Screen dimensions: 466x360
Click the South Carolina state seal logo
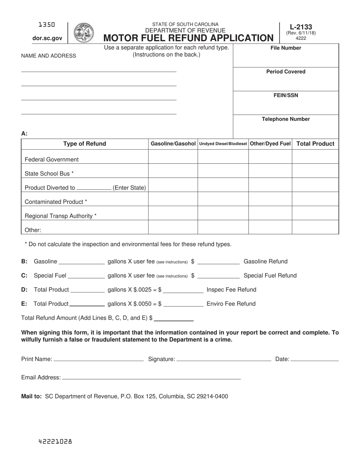coord(83,33)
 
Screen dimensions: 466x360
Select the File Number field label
coord(286,48)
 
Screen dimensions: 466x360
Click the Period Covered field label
coord(286,72)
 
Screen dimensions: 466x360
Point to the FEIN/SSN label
coord(286,95)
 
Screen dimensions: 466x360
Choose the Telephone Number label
coord(286,119)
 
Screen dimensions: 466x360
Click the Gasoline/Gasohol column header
coord(173,144)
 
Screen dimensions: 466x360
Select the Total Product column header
coord(315,144)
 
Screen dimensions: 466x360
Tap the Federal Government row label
coord(52,160)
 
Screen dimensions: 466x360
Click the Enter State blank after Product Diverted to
coord(94,188)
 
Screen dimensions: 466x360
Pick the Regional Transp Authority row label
coord(61,216)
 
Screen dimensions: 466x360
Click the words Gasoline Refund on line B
coord(265,261)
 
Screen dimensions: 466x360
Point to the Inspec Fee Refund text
coord(231,290)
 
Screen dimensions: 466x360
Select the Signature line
coord(224,359)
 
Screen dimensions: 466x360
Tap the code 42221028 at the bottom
coord(55,441)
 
